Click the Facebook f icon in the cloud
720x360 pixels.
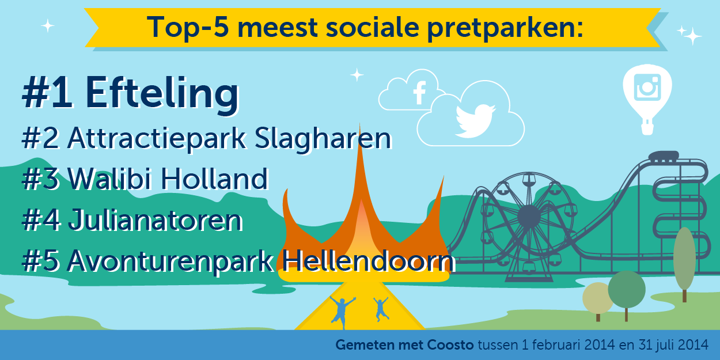[x=419, y=93]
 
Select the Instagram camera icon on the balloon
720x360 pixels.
[x=647, y=87]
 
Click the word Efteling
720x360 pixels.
[x=162, y=93]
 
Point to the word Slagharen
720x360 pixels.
[x=323, y=139]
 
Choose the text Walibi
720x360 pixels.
[x=111, y=179]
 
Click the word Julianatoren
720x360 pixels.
[x=155, y=220]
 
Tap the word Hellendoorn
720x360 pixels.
[x=369, y=260]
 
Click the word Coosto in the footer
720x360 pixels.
[x=450, y=345]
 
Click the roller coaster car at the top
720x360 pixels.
[x=664, y=157]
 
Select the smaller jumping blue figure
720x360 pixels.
[x=381, y=309]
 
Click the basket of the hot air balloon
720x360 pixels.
[x=647, y=128]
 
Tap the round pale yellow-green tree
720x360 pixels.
[x=597, y=298]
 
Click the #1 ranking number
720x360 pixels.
[x=47, y=93]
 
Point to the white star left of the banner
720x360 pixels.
[x=48, y=26]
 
